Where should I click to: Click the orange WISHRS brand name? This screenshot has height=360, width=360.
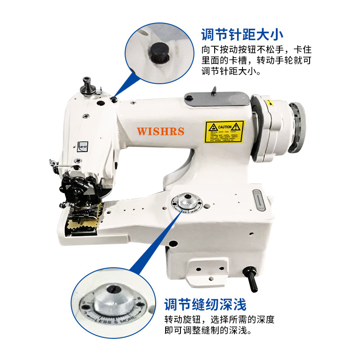161,131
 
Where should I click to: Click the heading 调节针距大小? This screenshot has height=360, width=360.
242,35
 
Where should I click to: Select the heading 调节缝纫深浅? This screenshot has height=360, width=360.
205,305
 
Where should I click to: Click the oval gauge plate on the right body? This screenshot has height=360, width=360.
259,200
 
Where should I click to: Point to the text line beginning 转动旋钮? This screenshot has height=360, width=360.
219,319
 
